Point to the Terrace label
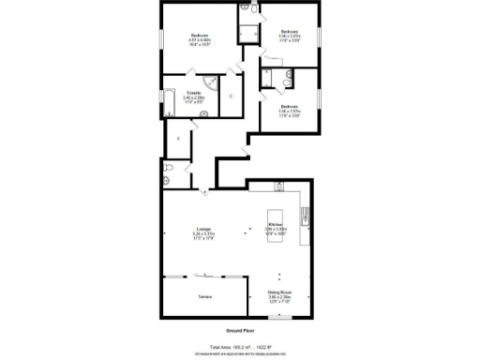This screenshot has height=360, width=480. [x=202, y=297]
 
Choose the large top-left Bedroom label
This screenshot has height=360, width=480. [x=200, y=37]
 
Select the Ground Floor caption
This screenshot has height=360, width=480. [x=240, y=331]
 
